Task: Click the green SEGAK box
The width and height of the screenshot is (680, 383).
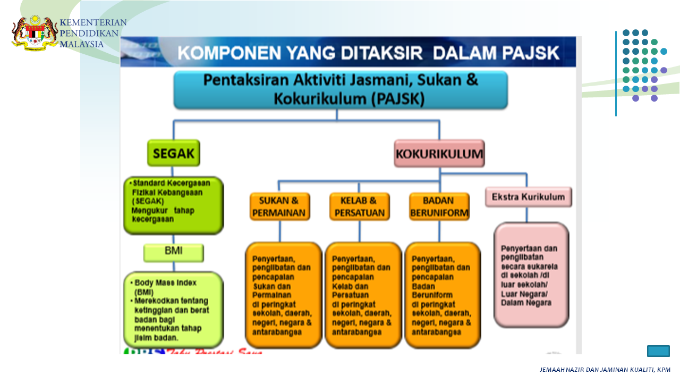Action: (173, 153)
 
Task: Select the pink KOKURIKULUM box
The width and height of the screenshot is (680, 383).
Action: (439, 153)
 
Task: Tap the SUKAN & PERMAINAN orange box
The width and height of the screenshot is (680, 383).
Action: (279, 206)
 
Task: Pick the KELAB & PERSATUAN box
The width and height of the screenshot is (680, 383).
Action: (359, 206)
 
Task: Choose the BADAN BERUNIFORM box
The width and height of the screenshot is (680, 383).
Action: (439, 206)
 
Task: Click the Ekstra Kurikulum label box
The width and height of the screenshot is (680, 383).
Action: (528, 197)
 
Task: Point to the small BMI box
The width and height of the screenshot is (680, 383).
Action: (173, 253)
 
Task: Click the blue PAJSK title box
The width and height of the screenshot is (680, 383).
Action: (341, 89)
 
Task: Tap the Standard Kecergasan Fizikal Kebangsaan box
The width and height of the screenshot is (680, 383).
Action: (173, 205)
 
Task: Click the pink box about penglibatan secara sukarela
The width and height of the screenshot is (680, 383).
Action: (531, 274)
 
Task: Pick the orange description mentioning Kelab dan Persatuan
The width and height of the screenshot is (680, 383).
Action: (363, 295)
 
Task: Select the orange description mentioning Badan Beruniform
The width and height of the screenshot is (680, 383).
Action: (442, 295)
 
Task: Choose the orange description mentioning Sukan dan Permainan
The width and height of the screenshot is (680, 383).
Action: (283, 295)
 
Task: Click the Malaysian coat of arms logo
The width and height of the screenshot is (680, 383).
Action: (35, 33)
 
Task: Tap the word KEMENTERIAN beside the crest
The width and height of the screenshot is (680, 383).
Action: (93, 23)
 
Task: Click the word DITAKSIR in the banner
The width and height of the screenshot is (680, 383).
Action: (382, 53)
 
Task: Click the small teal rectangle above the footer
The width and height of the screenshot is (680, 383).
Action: (658, 351)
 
